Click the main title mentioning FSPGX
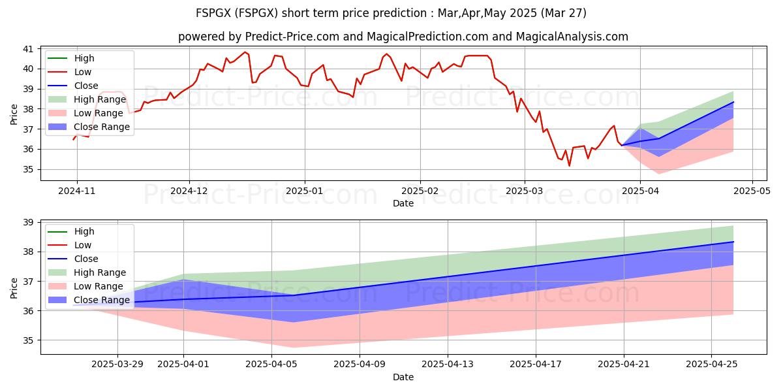(391, 12)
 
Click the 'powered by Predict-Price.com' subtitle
(403, 37)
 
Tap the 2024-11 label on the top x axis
(77, 191)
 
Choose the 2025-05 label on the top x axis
(752, 191)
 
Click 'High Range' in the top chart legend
(100, 99)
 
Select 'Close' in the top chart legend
(87, 86)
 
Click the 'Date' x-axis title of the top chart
(403, 203)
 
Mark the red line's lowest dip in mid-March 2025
(569, 166)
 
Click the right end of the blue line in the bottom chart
(733, 242)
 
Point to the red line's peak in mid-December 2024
(245, 52)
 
